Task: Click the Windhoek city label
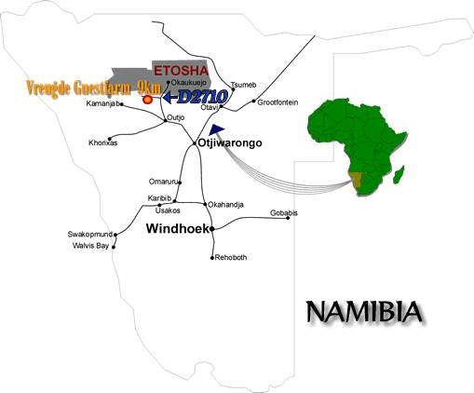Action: tap(177, 228)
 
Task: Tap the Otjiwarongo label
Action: tap(230, 142)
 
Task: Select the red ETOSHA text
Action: tap(181, 71)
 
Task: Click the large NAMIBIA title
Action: tap(364, 311)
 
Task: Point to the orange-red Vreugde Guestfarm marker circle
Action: tap(147, 100)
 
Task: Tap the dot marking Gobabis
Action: tap(288, 218)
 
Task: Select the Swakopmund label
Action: tap(90, 234)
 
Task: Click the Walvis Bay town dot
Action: tap(114, 247)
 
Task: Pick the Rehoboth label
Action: tap(231, 257)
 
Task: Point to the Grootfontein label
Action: tap(278, 102)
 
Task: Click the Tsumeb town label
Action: tap(243, 85)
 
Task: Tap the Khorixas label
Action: tap(103, 142)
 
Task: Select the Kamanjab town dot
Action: tap(122, 104)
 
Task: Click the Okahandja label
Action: tap(225, 205)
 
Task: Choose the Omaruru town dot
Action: tap(180, 183)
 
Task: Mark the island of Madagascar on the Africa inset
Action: tap(399, 174)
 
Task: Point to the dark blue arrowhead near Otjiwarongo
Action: tap(216, 129)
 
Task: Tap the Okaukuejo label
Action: tap(189, 83)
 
